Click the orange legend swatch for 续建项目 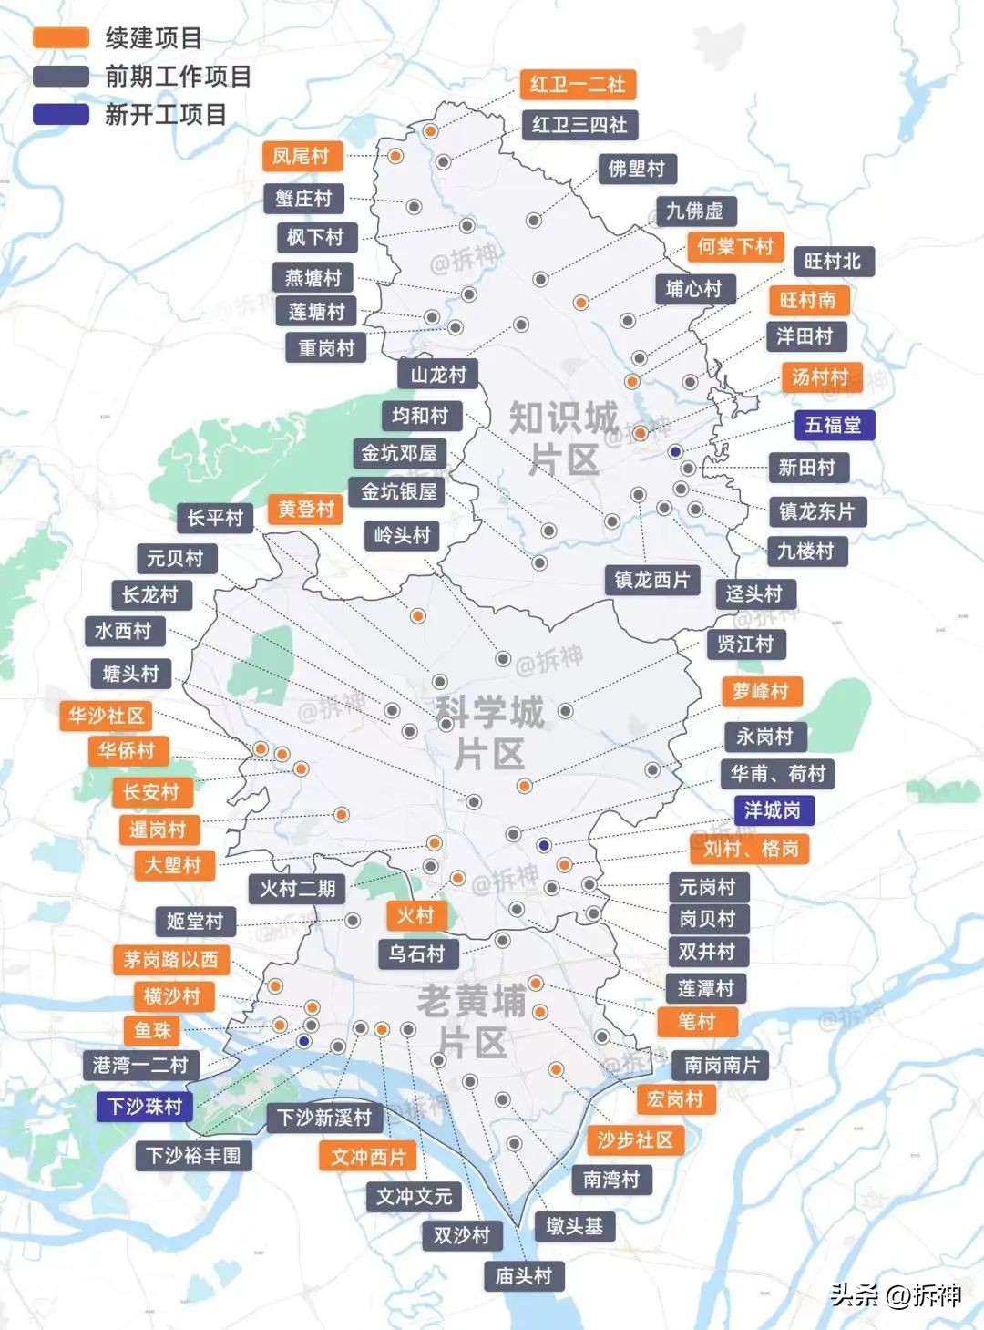pyautogui.click(x=61, y=38)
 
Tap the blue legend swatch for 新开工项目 pyautogui.click(x=61, y=115)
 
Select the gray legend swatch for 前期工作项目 pyautogui.click(x=61, y=77)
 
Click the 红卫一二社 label pyautogui.click(x=578, y=85)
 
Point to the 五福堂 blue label pyautogui.click(x=834, y=425)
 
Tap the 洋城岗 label pyautogui.click(x=773, y=809)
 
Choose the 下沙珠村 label pyautogui.click(x=145, y=1107)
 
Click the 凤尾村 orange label pyautogui.click(x=302, y=156)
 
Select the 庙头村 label pyautogui.click(x=523, y=1276)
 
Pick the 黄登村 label pyautogui.click(x=306, y=509)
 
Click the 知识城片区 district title pyautogui.click(x=563, y=438)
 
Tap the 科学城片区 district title pyautogui.click(x=490, y=732)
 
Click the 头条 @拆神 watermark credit pyautogui.click(x=895, y=1294)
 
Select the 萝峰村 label pyautogui.click(x=761, y=692)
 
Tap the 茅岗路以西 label pyautogui.click(x=171, y=959)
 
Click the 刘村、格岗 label pyautogui.click(x=750, y=849)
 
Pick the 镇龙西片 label pyautogui.click(x=651, y=580)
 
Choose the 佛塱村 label pyautogui.click(x=637, y=169)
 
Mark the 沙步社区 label pyautogui.click(x=635, y=1139)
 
